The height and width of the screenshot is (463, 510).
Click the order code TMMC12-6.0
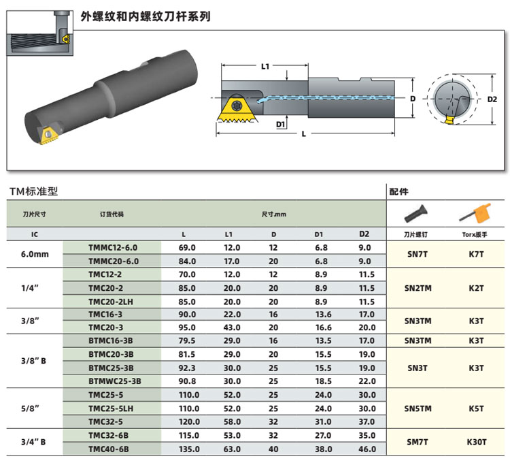point(112,248)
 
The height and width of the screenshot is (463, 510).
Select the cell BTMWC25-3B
point(114,381)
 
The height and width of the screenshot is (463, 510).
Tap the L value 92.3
point(187,368)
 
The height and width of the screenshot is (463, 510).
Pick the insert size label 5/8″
point(30,409)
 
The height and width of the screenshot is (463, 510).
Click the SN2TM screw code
point(418,288)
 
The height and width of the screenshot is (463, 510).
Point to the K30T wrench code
point(477,442)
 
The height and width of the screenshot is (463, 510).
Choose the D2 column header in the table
point(364,234)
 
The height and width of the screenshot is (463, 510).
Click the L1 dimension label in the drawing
point(265,67)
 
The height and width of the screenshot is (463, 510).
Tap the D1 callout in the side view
point(280,124)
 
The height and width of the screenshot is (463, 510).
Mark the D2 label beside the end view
point(492,99)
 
